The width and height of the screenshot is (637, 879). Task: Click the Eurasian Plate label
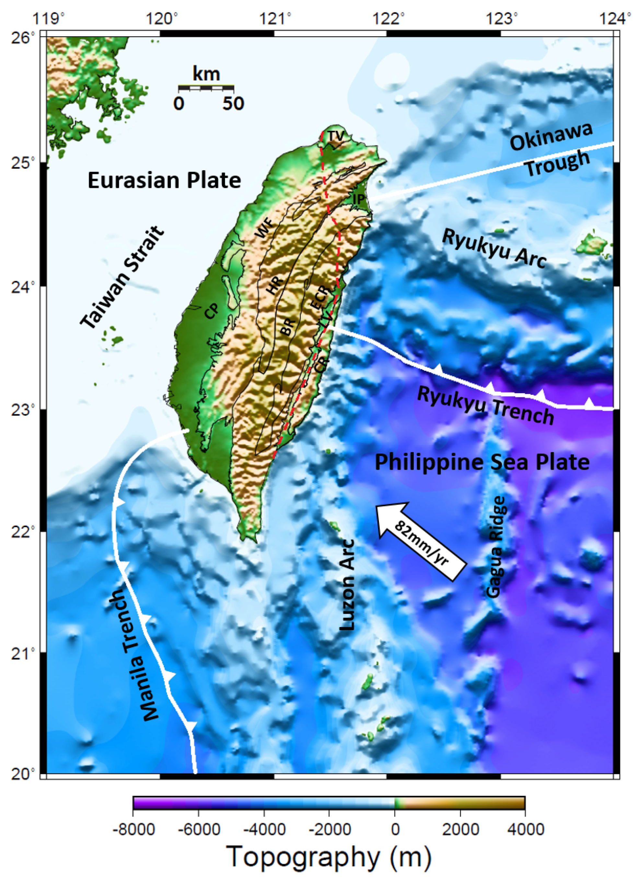[164, 181]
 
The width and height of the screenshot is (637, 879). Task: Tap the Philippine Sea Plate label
[482, 462]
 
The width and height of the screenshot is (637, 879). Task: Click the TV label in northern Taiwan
[335, 136]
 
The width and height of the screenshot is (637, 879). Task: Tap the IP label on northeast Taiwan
[359, 199]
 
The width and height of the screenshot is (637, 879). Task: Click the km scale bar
[206, 88]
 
